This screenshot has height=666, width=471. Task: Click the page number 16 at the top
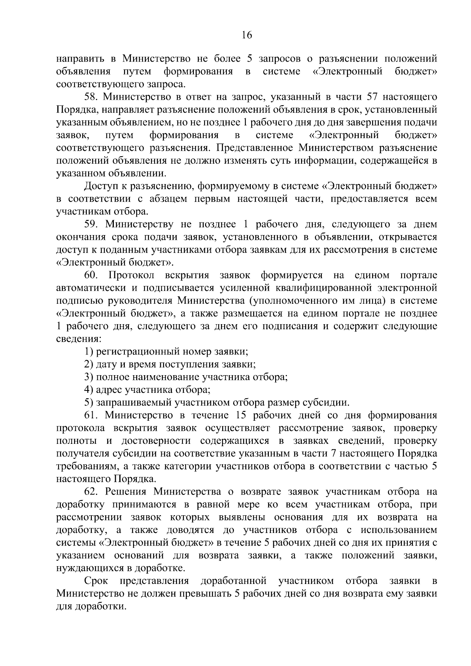(246, 35)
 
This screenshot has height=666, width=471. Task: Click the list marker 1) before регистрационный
(89, 352)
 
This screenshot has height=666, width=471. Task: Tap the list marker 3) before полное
(89, 377)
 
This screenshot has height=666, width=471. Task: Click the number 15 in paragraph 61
(241, 415)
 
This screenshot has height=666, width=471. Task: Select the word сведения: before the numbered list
(76, 339)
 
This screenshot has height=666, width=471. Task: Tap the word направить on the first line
(81, 59)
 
